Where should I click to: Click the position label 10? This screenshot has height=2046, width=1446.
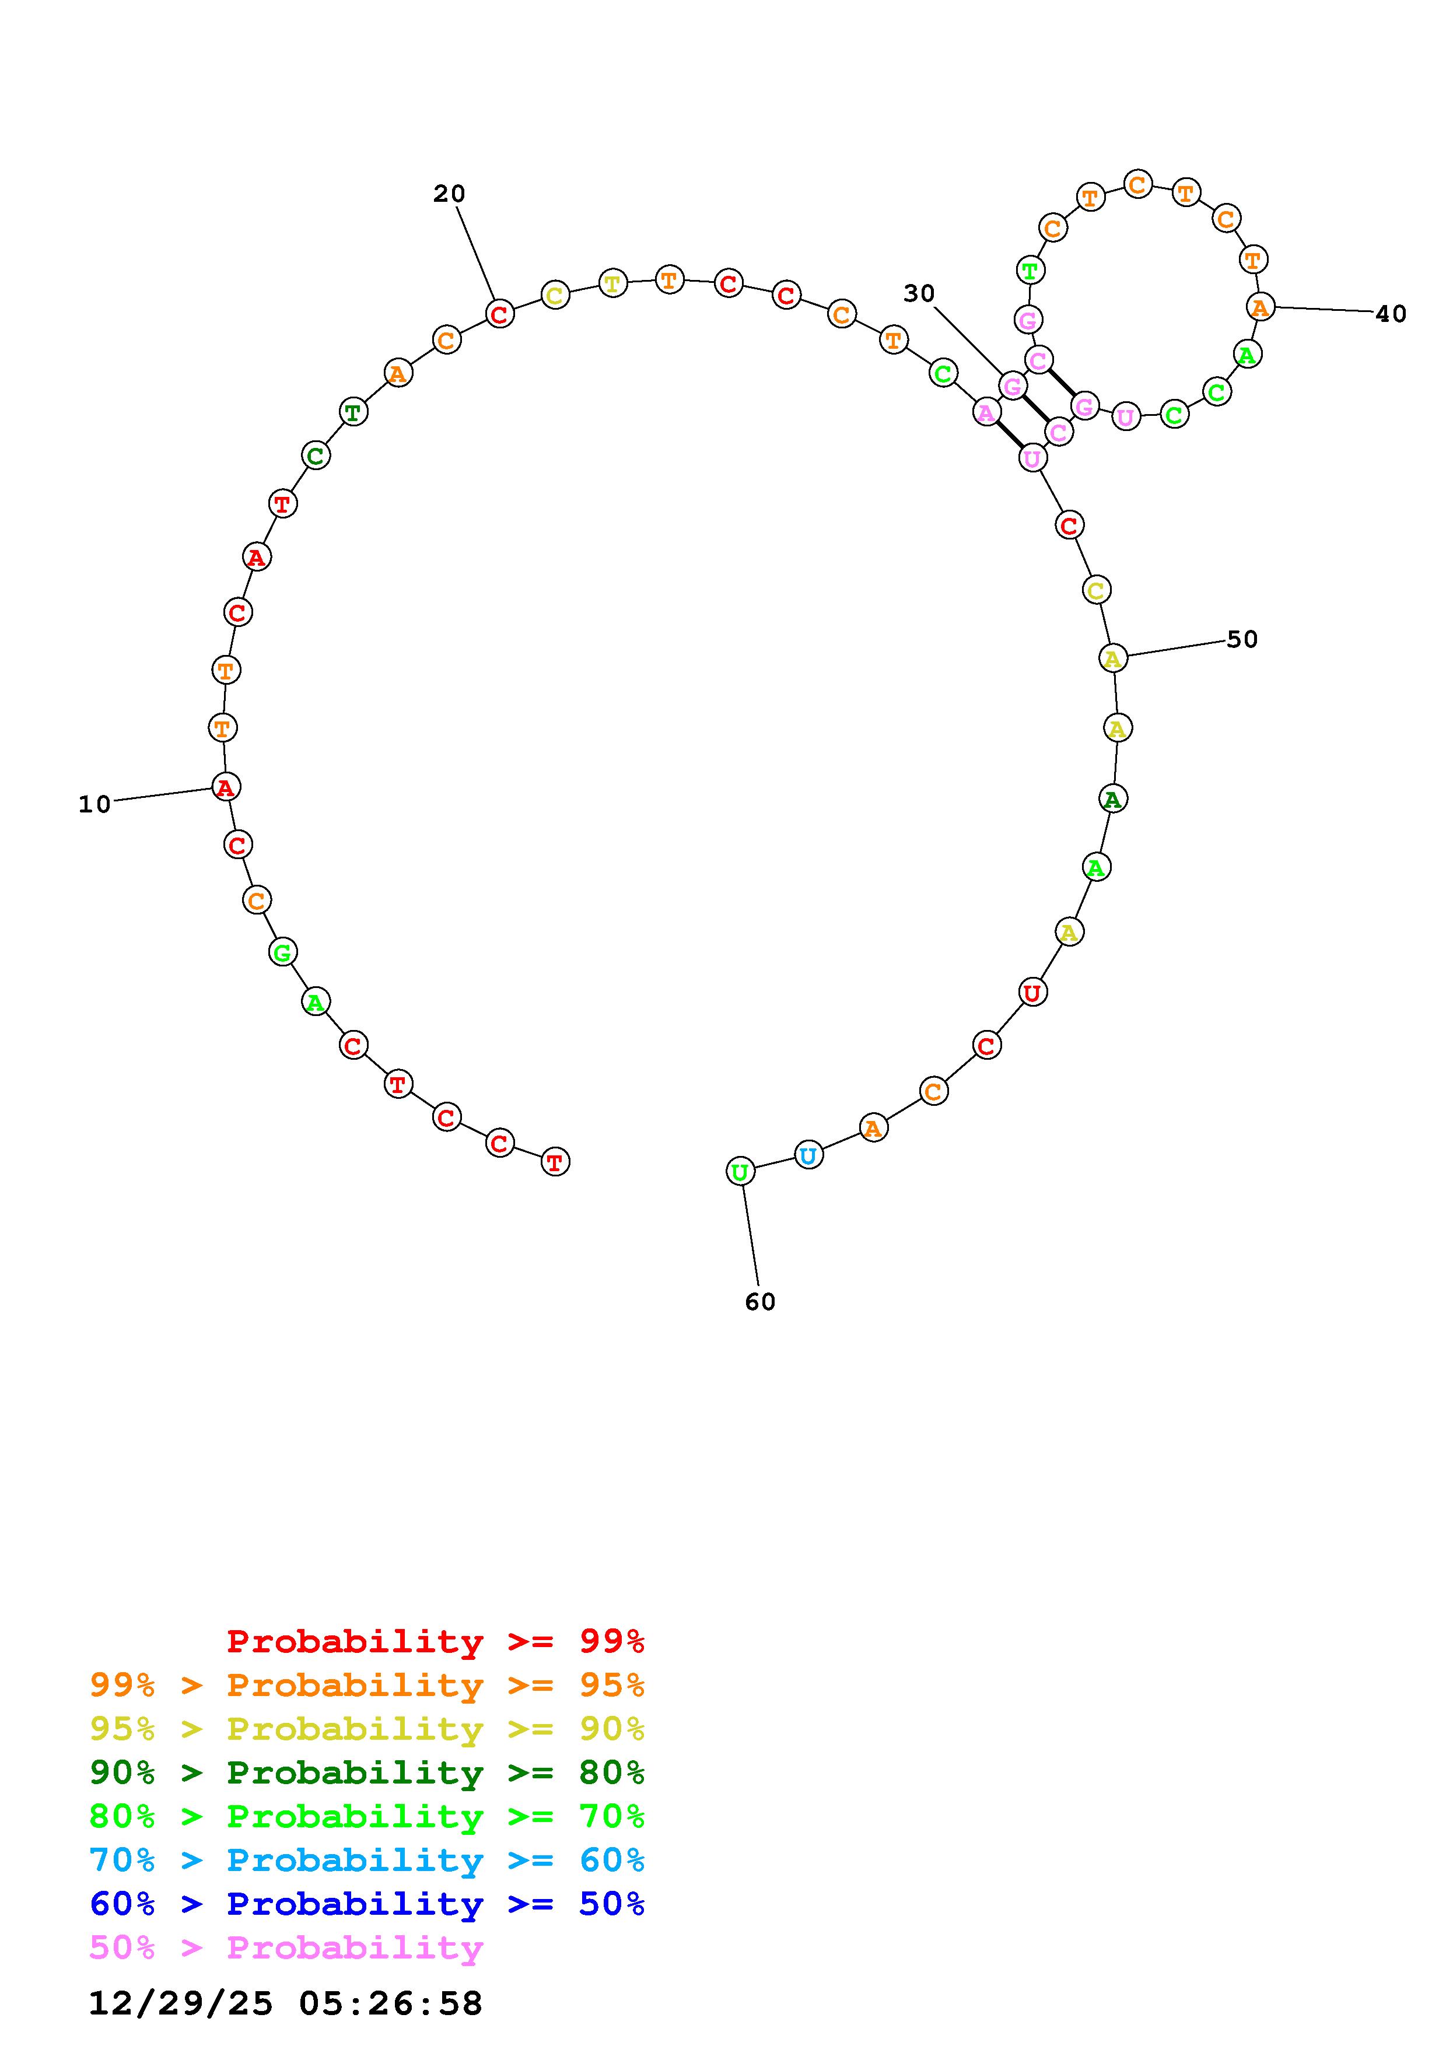[94, 805]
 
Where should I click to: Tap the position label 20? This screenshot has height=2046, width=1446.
[449, 194]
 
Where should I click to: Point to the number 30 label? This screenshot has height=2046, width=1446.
[919, 293]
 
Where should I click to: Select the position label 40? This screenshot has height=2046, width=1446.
[1391, 314]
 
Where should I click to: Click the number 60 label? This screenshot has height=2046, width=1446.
[760, 1302]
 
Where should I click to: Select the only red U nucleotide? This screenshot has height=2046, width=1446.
[1032, 992]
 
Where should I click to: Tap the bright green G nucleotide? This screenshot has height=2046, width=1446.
[282, 952]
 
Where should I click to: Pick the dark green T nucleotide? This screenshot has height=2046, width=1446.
[353, 412]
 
